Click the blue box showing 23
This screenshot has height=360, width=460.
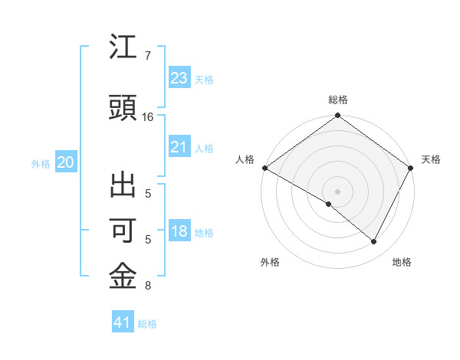[179, 78]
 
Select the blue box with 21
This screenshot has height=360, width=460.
[179, 147]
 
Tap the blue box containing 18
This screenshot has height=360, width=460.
[179, 232]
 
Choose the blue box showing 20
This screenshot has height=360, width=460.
[66, 162]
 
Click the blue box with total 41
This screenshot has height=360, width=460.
[123, 323]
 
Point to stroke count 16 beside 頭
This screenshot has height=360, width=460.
[148, 117]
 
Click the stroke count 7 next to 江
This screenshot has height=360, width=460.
[147, 56]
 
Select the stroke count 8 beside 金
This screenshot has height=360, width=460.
[147, 286]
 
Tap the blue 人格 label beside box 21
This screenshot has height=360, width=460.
[204, 148]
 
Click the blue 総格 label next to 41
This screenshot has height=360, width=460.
[147, 324]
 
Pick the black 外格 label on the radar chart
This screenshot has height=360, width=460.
[270, 262]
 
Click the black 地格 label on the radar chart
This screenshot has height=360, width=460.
[402, 262]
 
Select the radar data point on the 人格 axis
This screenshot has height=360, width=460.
[264, 168]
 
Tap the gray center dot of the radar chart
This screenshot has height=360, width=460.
[338, 191]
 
